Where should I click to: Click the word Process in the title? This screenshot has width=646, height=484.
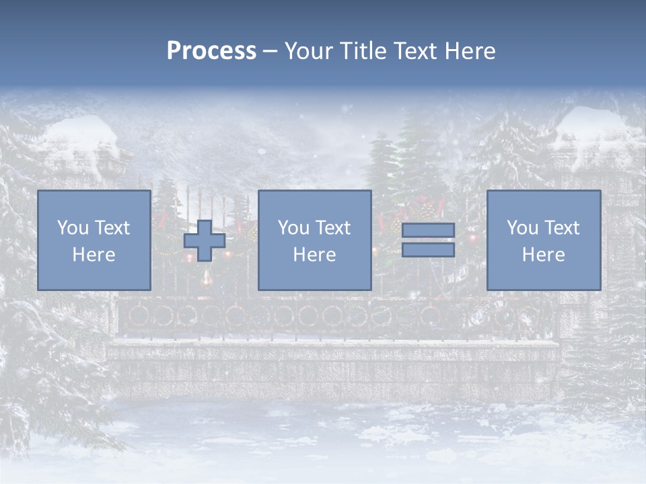coord(211,51)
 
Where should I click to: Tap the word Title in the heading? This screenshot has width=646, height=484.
coord(361,51)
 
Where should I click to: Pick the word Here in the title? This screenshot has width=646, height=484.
coord(468,51)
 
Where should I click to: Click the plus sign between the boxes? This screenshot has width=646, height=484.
coord(205,241)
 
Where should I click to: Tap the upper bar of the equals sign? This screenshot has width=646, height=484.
coord(428,231)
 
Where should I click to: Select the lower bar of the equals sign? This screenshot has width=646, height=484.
coord(428,250)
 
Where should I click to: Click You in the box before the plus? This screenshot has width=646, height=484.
coord(72,228)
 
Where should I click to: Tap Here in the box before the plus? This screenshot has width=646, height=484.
coord(94,255)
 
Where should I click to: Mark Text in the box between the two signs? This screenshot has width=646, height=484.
coord(333,228)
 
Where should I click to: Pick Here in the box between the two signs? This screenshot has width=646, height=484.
coord(314,255)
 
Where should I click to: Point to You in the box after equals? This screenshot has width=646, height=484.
coord(522,228)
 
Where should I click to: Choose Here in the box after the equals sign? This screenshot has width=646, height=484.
coord(543,255)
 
